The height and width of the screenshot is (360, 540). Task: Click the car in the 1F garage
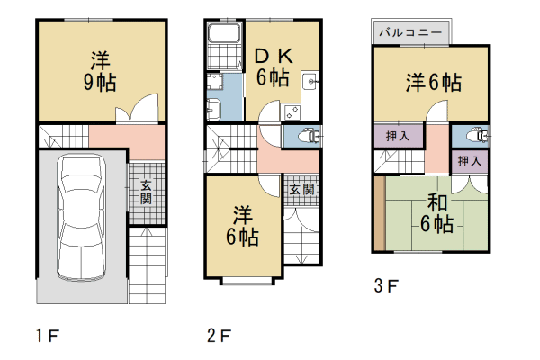82,217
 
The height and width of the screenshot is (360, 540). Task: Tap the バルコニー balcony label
410,32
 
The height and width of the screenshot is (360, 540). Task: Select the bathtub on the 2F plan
224,33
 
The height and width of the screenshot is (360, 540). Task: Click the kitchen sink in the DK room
310,81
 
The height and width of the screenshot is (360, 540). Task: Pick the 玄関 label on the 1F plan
147,193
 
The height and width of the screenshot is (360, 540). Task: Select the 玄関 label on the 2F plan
301,190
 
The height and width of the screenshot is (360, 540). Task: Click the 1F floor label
48,336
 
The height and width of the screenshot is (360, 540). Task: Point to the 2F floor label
219,336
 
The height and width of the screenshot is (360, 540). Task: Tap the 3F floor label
386,286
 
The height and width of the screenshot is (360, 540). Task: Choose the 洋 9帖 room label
100,71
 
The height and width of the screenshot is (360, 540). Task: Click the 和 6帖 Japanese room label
436,213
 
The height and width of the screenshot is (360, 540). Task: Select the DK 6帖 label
274,67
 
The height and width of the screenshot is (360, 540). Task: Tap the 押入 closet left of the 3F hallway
398,136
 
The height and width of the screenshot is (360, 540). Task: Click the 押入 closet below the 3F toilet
470,161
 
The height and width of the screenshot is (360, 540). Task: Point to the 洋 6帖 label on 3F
434,83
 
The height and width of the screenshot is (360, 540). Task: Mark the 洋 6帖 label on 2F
242,226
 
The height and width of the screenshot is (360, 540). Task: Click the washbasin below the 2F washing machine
213,110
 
